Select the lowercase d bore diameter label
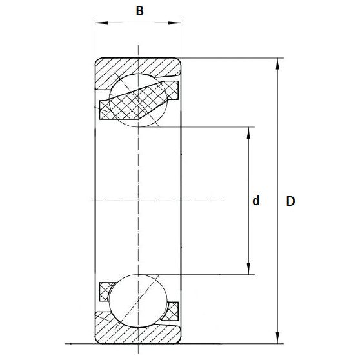pyautogui.click(x=256, y=201)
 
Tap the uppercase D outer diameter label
pyautogui.click(x=290, y=201)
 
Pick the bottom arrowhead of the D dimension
pyautogui.click(x=278, y=338)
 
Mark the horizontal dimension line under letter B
pyautogui.click(x=138, y=25)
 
